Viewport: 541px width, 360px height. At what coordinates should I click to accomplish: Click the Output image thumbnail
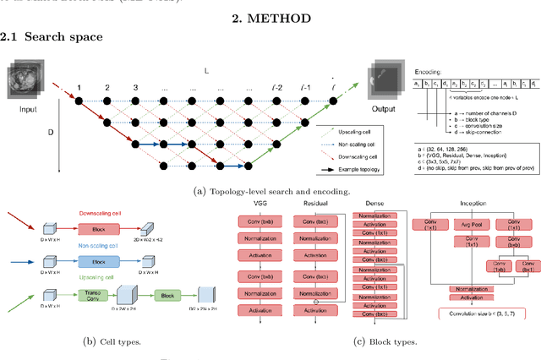pos(384,79)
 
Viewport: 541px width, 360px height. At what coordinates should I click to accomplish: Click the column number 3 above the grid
pos(134,88)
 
